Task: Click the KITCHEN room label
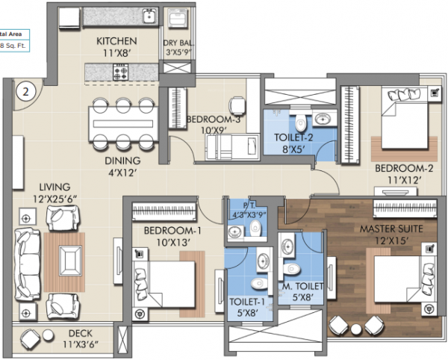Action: (116, 41)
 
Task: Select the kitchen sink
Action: (149, 15)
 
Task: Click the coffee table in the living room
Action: (70, 260)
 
